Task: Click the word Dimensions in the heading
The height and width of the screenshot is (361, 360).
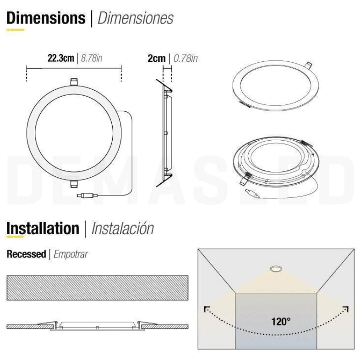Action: coord(46,18)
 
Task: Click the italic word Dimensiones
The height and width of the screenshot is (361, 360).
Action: coord(136,18)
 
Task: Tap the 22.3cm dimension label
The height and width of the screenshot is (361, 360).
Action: coord(60,58)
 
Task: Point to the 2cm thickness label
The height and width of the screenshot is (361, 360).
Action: coord(156,58)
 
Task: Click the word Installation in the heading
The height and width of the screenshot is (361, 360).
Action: coord(43,228)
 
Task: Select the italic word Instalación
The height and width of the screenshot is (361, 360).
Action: coord(123,228)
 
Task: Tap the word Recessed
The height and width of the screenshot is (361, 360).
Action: coord(26,254)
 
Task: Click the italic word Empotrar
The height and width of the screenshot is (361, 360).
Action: coord(71,254)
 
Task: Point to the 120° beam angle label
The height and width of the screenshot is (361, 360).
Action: coord(281,321)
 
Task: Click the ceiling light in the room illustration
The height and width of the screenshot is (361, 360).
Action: coord(276,268)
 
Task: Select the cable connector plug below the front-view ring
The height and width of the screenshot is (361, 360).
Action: coord(87,196)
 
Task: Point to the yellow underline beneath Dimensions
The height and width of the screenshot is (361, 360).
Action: coord(15,30)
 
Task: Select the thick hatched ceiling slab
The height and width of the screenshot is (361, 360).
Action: coord(97,288)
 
